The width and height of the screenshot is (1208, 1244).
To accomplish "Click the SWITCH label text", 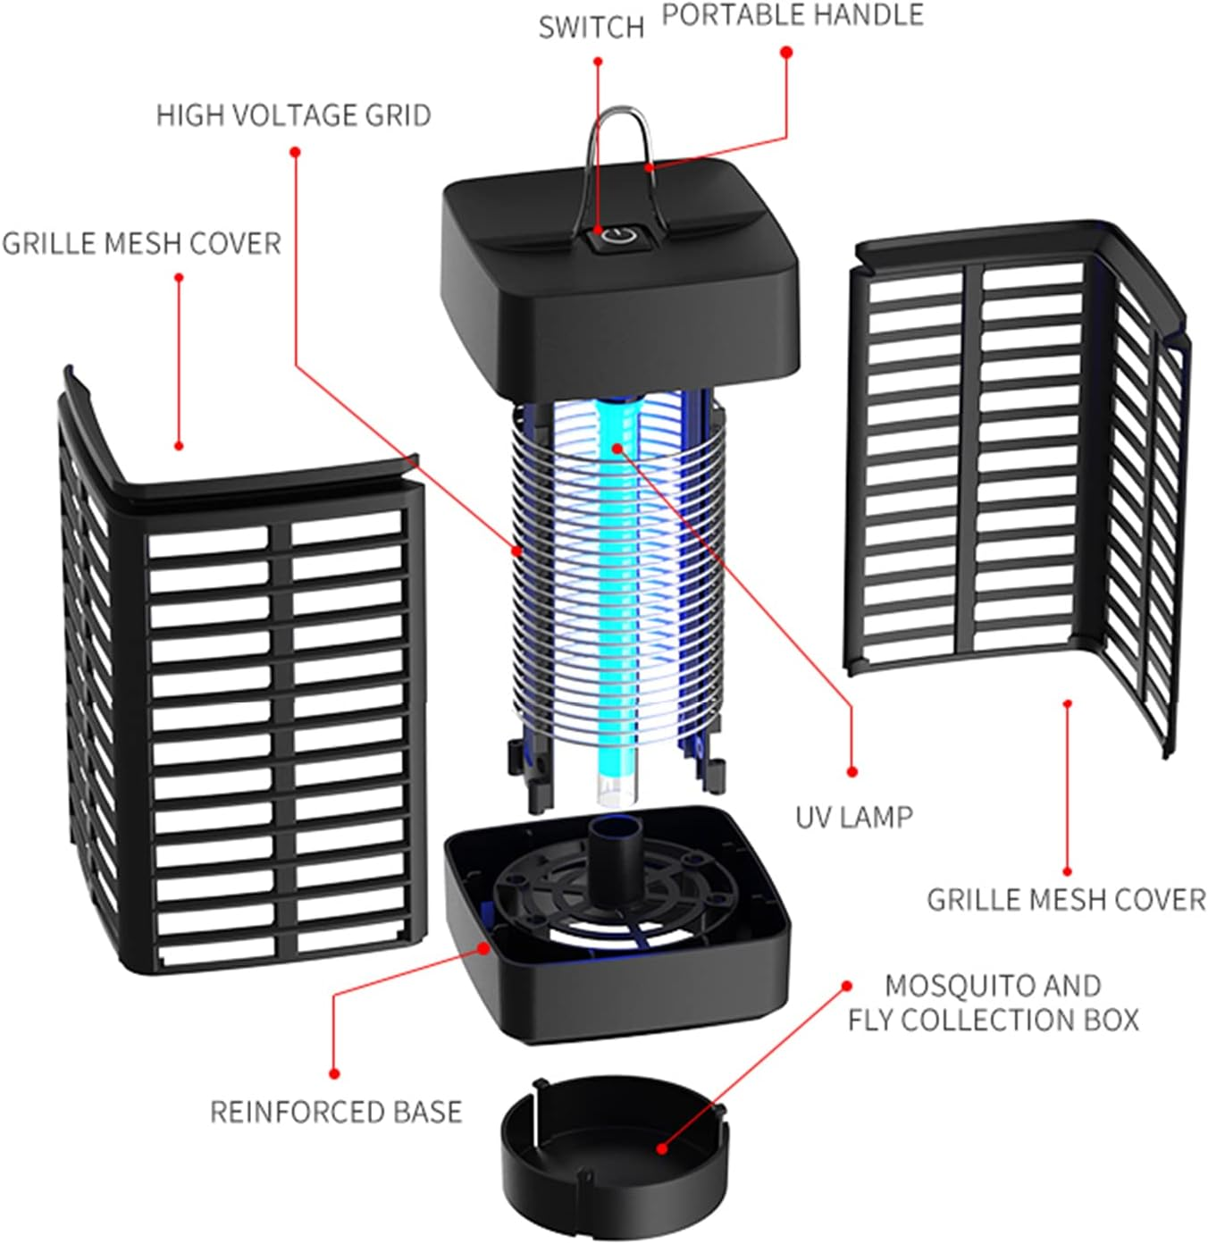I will click(591, 28).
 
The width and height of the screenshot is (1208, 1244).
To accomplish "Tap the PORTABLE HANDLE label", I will click(793, 15).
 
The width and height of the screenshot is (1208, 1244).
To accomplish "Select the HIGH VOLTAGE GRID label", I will click(293, 115).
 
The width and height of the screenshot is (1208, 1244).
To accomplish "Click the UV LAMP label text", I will click(853, 817).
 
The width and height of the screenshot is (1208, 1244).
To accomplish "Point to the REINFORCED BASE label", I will click(336, 1112).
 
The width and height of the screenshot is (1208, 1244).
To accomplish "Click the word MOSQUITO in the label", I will click(947, 985).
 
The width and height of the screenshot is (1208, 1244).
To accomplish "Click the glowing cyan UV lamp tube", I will click(617, 581).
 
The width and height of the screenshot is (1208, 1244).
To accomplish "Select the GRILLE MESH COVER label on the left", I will click(141, 243).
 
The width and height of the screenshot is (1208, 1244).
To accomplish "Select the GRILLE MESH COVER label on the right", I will click(1066, 899).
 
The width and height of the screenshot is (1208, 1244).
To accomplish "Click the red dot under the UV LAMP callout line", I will click(851, 771).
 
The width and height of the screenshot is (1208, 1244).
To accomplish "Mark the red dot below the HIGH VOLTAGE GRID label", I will click(295, 152).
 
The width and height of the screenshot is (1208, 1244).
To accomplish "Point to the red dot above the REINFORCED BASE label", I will click(334, 1073).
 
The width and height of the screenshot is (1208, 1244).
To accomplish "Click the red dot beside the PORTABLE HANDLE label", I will click(786, 53).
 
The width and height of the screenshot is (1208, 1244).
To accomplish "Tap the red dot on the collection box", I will click(661, 1148).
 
